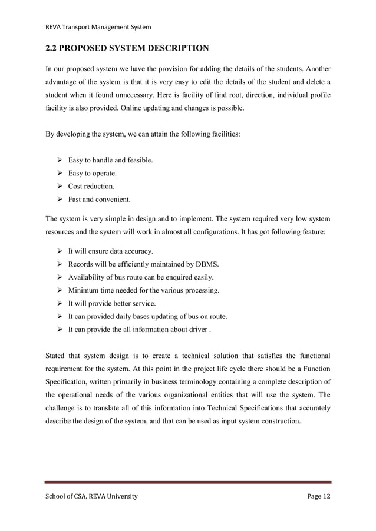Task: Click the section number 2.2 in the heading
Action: pyautogui.click(x=54, y=48)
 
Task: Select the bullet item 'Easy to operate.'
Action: pyautogui.click(x=92, y=173)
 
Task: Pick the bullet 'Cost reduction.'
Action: pyautogui.click(x=91, y=186)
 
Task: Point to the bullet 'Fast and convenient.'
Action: pyautogui.click(x=99, y=199)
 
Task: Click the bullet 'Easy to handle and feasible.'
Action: pyautogui.click(x=110, y=160)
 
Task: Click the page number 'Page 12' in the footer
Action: pyautogui.click(x=319, y=497)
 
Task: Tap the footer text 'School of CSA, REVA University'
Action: pyautogui.click(x=91, y=497)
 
